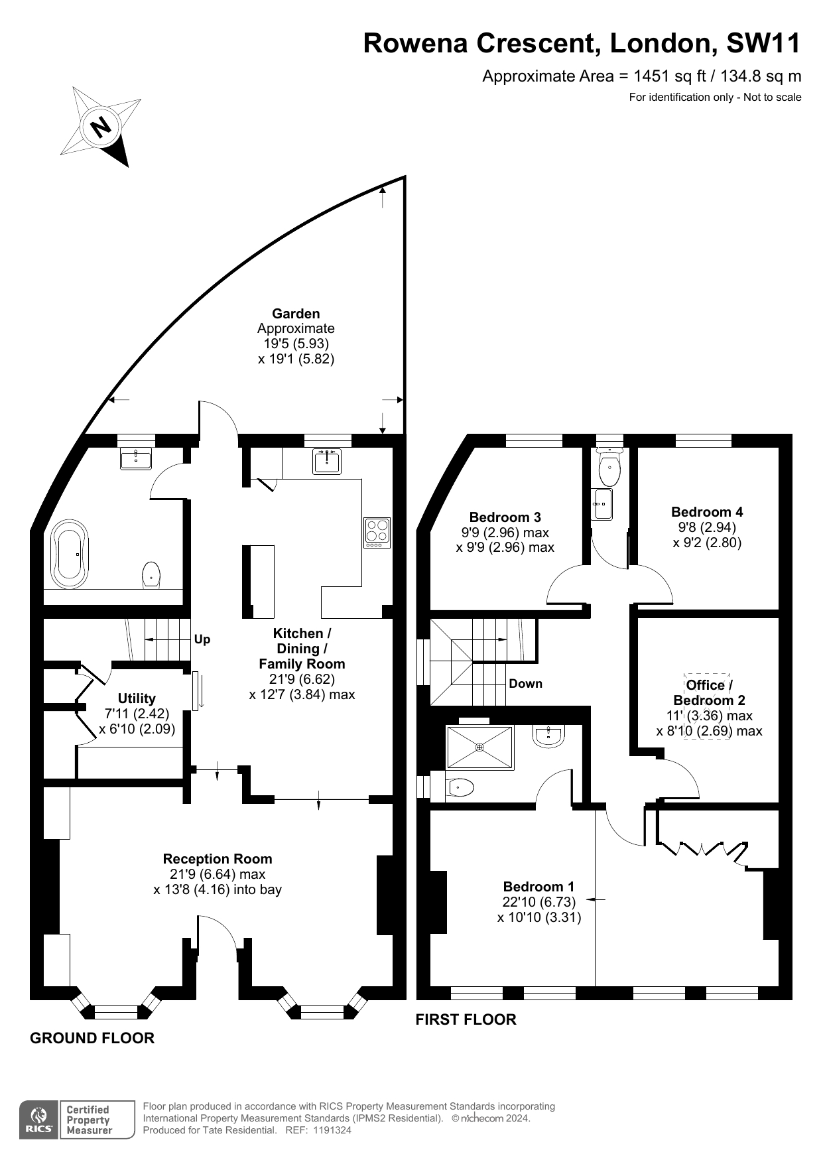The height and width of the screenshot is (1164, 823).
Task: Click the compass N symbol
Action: [101, 126]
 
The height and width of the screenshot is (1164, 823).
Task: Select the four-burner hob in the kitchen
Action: [377, 533]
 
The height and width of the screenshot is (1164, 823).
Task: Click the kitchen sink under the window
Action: [328, 462]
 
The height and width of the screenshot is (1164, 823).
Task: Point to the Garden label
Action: [296, 314]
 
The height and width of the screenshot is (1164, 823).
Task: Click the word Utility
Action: [137, 698]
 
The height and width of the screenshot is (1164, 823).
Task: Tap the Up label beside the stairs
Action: [202, 639]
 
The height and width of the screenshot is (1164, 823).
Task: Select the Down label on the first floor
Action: [525, 684]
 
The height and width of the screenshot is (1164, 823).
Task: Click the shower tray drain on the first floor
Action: [480, 747]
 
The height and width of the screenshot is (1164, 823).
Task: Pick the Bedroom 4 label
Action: [707, 512]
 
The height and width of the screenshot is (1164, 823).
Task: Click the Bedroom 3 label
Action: [505, 517]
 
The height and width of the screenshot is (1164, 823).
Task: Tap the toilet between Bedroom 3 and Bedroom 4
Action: [609, 472]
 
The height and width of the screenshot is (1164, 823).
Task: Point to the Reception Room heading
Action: [218, 859]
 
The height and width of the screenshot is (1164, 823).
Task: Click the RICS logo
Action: [40, 1120]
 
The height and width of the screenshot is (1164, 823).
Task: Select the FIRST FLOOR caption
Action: [466, 1019]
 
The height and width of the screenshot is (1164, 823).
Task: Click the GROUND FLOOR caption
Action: [92, 1038]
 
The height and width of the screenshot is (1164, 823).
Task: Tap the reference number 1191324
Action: [330, 1130]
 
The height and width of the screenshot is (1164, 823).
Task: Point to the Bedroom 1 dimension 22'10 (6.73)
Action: [538, 902]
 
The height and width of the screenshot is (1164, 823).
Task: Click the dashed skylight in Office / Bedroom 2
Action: [708, 707]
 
